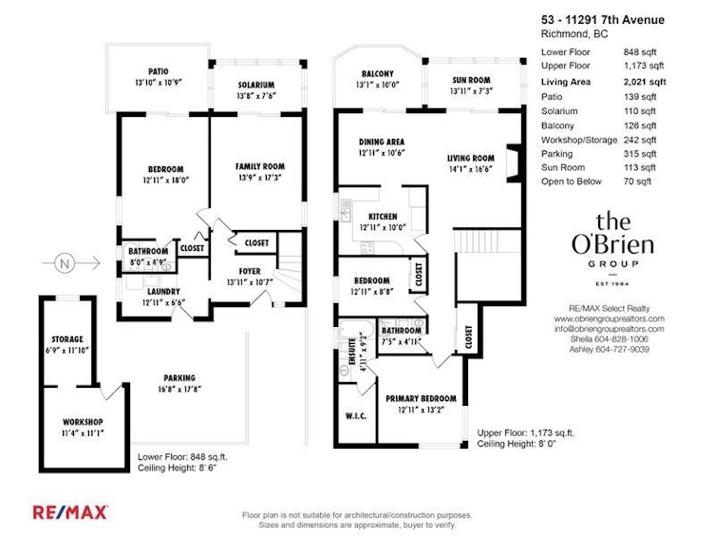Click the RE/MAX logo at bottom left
69,512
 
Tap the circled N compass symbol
65,263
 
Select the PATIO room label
159,71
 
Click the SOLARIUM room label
256,85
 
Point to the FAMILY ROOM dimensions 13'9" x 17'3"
260,178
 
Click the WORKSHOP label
83,422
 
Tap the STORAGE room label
67,339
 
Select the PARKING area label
179,377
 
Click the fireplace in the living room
514,163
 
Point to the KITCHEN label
383,217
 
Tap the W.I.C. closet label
356,416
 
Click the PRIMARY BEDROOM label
421,399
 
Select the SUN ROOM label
472,80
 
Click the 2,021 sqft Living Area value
645,82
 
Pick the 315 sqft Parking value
640,154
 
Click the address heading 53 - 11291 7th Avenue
603,20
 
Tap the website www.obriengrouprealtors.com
610,318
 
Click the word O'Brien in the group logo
612,245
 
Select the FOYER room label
250,272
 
